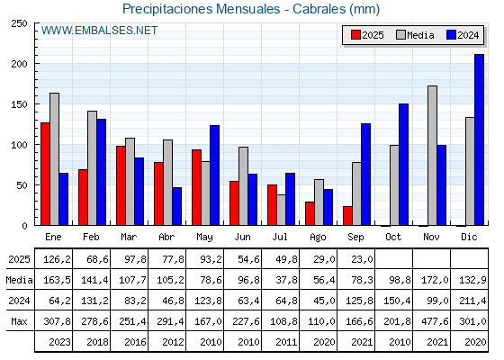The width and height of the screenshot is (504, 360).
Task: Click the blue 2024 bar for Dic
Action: (x=479, y=139)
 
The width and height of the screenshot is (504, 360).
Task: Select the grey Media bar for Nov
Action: (x=432, y=156)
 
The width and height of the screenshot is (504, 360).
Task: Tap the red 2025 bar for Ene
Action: (x=45, y=174)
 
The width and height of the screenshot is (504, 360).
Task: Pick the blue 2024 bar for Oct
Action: (x=403, y=165)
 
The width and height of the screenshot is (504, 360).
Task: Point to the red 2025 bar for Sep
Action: (x=347, y=216)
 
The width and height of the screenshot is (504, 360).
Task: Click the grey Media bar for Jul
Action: (x=281, y=210)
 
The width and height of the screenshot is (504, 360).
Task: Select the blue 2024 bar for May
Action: (x=215, y=175)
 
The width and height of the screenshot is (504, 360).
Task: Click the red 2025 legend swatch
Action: (x=355, y=35)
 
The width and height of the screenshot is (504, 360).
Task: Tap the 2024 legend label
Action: (x=468, y=35)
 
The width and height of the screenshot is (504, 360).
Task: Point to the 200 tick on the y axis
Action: (x=19, y=64)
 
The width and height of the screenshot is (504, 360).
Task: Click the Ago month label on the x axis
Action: (x=318, y=237)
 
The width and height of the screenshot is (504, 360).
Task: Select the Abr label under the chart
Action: (x=166, y=237)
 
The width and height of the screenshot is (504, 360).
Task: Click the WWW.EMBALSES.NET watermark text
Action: (x=99, y=31)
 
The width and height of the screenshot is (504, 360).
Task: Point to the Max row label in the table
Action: (x=19, y=321)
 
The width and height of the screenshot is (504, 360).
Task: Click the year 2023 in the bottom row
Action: (x=59, y=342)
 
